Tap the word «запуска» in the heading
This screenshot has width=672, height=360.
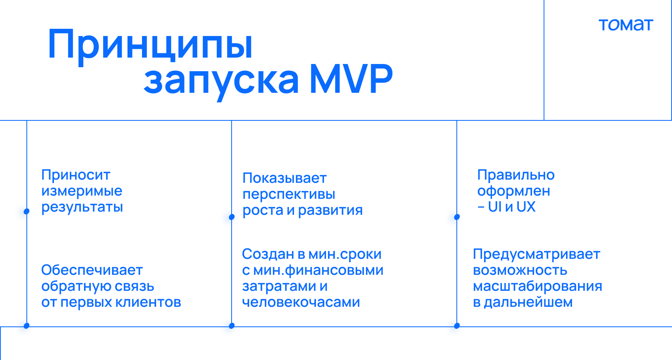coord(222,82)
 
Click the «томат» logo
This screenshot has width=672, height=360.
coord(626,25)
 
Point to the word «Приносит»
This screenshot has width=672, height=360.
coord(76,175)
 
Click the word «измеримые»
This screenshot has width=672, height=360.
coord(82,191)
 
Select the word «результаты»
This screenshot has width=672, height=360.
coord(82,207)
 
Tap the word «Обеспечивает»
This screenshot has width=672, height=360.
coord(92,270)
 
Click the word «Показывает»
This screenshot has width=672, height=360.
coord(284,178)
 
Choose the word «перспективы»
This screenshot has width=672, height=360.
coord(289,194)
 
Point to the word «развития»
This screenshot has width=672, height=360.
coord(330,210)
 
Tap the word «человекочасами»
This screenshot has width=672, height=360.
coord(301,302)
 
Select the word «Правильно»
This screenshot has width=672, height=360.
coord(516,175)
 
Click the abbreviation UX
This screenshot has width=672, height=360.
coord(526,207)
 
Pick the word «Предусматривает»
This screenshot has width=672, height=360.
coord(536,254)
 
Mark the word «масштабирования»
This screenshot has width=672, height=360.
coord(538,286)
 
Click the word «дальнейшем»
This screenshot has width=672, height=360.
coord(528,302)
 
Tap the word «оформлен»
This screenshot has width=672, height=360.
coord(514,191)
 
